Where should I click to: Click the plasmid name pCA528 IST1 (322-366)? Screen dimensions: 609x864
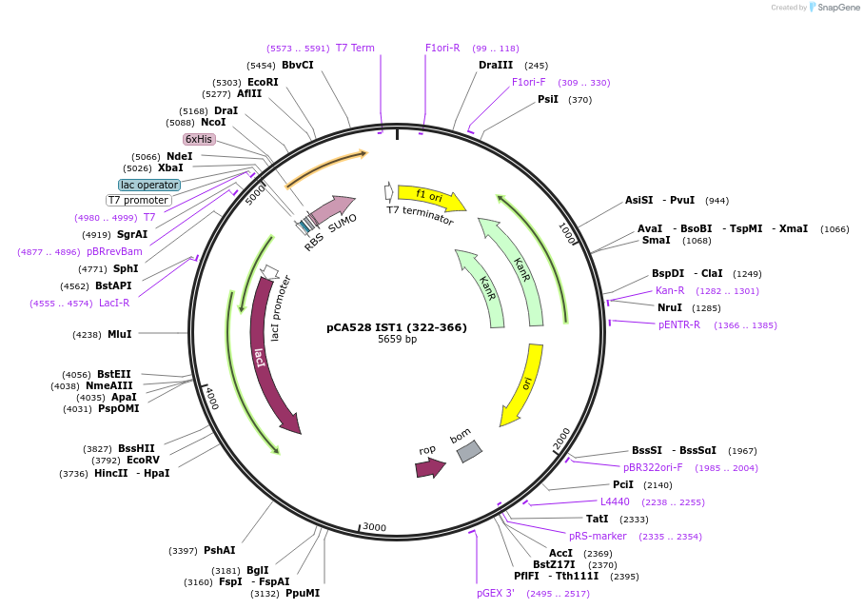[397, 327]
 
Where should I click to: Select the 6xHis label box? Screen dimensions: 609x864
[199, 139]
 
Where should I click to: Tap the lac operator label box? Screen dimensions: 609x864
[148, 185]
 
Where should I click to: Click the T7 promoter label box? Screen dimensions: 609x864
[138, 201]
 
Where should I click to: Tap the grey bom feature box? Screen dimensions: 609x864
[469, 451]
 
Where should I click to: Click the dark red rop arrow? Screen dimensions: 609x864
[430, 467]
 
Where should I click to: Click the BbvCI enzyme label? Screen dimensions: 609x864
[297, 66]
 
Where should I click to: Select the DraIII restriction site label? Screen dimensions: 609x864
[496, 66]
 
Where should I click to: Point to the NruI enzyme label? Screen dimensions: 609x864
[670, 307]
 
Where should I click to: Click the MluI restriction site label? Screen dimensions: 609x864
[120, 334]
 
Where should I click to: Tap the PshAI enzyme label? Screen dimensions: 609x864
[219, 550]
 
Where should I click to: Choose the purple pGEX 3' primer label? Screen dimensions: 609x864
[496, 594]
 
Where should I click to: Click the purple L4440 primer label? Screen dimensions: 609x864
[615, 501]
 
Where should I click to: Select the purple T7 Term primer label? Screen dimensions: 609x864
[355, 48]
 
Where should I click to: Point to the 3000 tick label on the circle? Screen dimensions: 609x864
[374, 526]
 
